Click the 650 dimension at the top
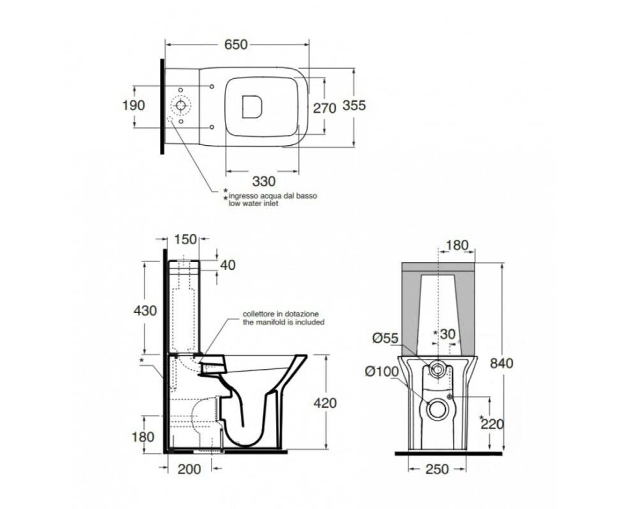(x=236, y=45)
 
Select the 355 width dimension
(x=354, y=106)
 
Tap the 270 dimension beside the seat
(x=325, y=108)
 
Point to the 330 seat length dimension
(x=264, y=181)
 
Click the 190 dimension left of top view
(x=134, y=106)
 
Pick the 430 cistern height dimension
(x=145, y=310)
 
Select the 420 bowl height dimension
(x=325, y=403)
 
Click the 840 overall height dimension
(x=501, y=363)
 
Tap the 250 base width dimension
(x=437, y=470)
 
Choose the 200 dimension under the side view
(x=189, y=470)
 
